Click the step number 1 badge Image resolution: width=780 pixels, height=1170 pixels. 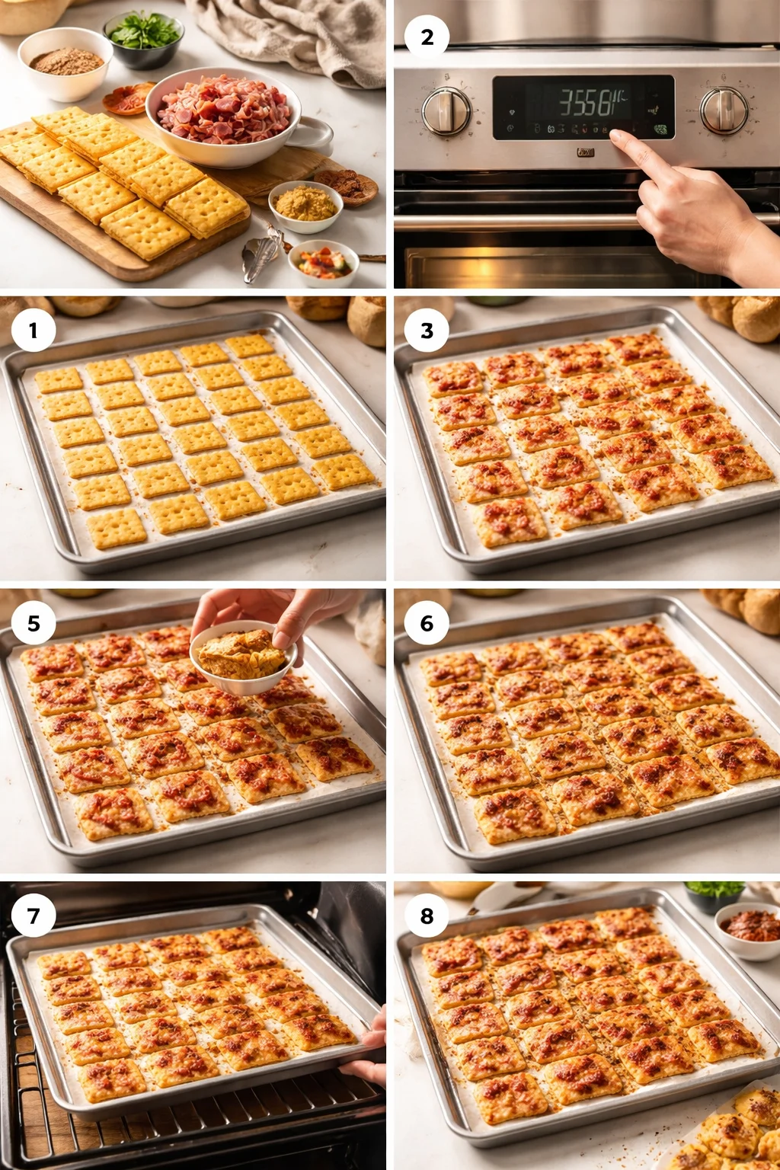[x=33, y=331]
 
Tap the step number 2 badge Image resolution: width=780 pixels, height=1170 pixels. [x=427, y=37]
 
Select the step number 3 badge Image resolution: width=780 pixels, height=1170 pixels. [x=427, y=331]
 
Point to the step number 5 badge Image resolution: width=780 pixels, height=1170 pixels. [x=33, y=623]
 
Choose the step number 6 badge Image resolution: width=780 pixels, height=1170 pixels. [x=427, y=623]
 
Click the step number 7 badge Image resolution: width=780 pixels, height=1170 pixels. [x=33, y=915]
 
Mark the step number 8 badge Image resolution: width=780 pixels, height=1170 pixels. [x=427, y=915]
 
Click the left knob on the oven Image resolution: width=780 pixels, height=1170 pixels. [x=446, y=111]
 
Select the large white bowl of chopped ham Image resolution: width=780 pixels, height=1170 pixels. [x=222, y=117]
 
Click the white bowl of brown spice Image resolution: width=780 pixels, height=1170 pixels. [x=66, y=63]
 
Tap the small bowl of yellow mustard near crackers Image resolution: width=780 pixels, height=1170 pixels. [x=305, y=205]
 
